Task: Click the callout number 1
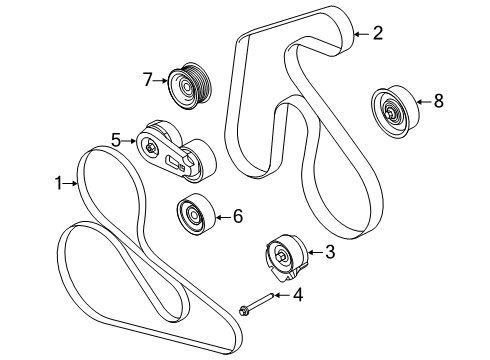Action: [x=58, y=183]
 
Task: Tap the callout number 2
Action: [x=377, y=33]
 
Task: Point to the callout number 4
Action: [x=296, y=294]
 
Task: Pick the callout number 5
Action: [x=117, y=141]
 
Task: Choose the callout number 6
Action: [x=237, y=214]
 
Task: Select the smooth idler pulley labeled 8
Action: [x=390, y=108]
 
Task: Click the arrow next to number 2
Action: [x=360, y=33]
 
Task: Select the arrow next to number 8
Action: [x=420, y=100]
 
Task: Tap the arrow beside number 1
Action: [x=72, y=183]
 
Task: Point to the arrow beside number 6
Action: [x=222, y=214]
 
